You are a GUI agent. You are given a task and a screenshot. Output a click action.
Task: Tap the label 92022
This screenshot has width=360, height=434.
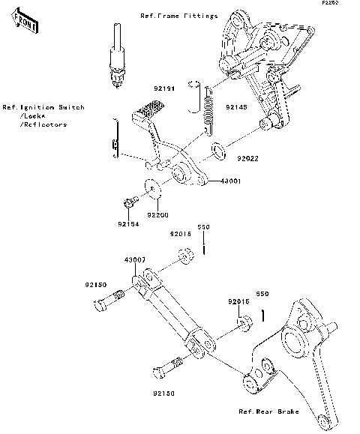(249, 159)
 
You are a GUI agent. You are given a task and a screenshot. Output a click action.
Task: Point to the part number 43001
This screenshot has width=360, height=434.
(229, 181)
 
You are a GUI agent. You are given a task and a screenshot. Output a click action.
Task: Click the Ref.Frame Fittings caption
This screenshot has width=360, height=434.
(178, 15)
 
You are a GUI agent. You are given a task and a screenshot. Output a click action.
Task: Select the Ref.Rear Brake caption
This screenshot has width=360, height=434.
(268, 412)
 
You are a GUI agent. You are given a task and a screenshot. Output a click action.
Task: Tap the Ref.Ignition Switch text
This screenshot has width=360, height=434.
(43, 107)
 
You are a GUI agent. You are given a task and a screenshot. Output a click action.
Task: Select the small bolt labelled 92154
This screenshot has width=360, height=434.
(128, 202)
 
